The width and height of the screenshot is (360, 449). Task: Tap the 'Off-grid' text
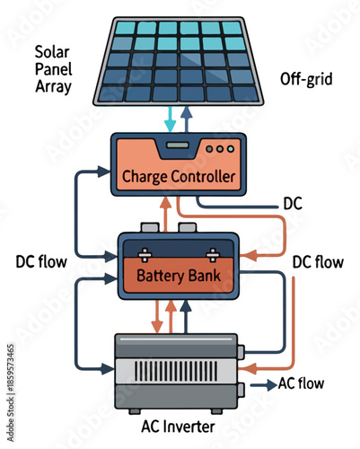305,79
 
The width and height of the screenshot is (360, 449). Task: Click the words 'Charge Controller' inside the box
177,176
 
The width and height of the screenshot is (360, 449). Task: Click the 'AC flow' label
300,384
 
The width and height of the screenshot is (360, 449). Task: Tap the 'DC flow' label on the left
42,263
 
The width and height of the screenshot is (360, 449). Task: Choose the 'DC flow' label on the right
318,263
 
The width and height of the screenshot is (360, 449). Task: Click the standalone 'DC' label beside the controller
293,204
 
